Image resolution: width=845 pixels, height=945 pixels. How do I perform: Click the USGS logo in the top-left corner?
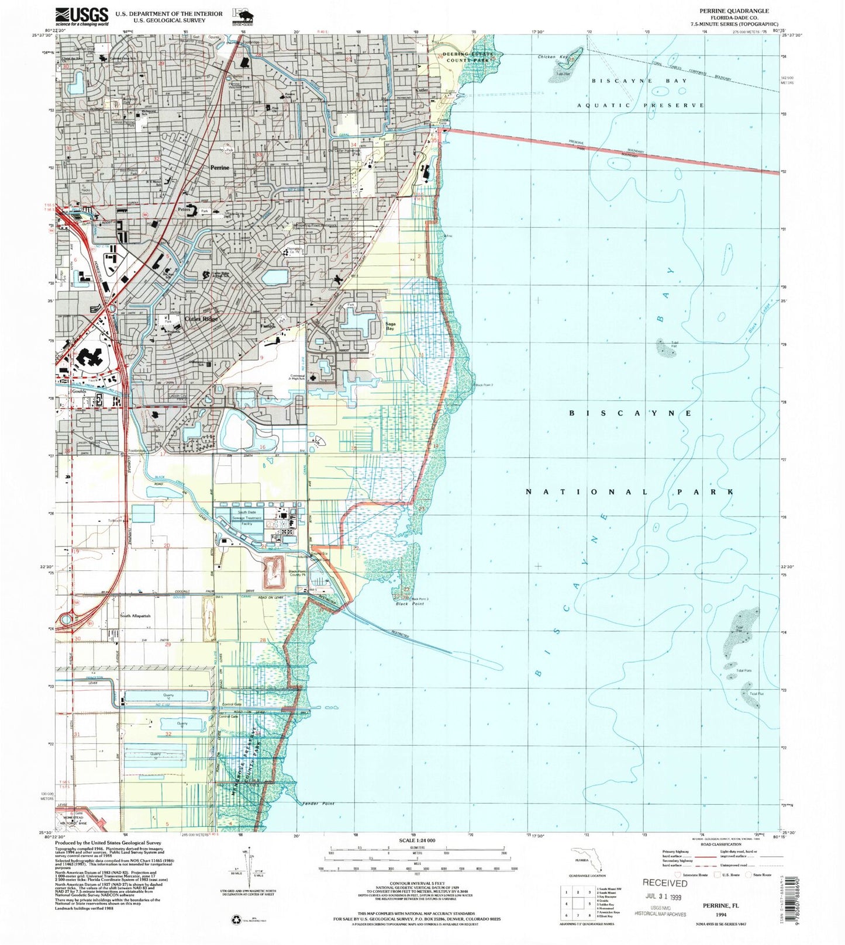pyautogui.click(x=82, y=15)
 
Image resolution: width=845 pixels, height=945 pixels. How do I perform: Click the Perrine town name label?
pyautogui.click(x=220, y=167)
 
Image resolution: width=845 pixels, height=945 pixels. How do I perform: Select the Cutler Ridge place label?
pyautogui.click(x=201, y=319)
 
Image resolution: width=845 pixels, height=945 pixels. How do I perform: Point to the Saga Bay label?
pyautogui.click(x=390, y=326)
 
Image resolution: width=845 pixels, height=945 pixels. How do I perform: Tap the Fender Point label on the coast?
pyautogui.click(x=319, y=804)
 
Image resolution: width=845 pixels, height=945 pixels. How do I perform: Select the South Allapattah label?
pyautogui.click(x=135, y=616)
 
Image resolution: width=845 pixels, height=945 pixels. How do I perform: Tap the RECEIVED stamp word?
pyautogui.click(x=665, y=883)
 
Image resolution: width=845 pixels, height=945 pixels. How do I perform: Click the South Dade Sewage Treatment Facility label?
pyautogui.click(x=246, y=518)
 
